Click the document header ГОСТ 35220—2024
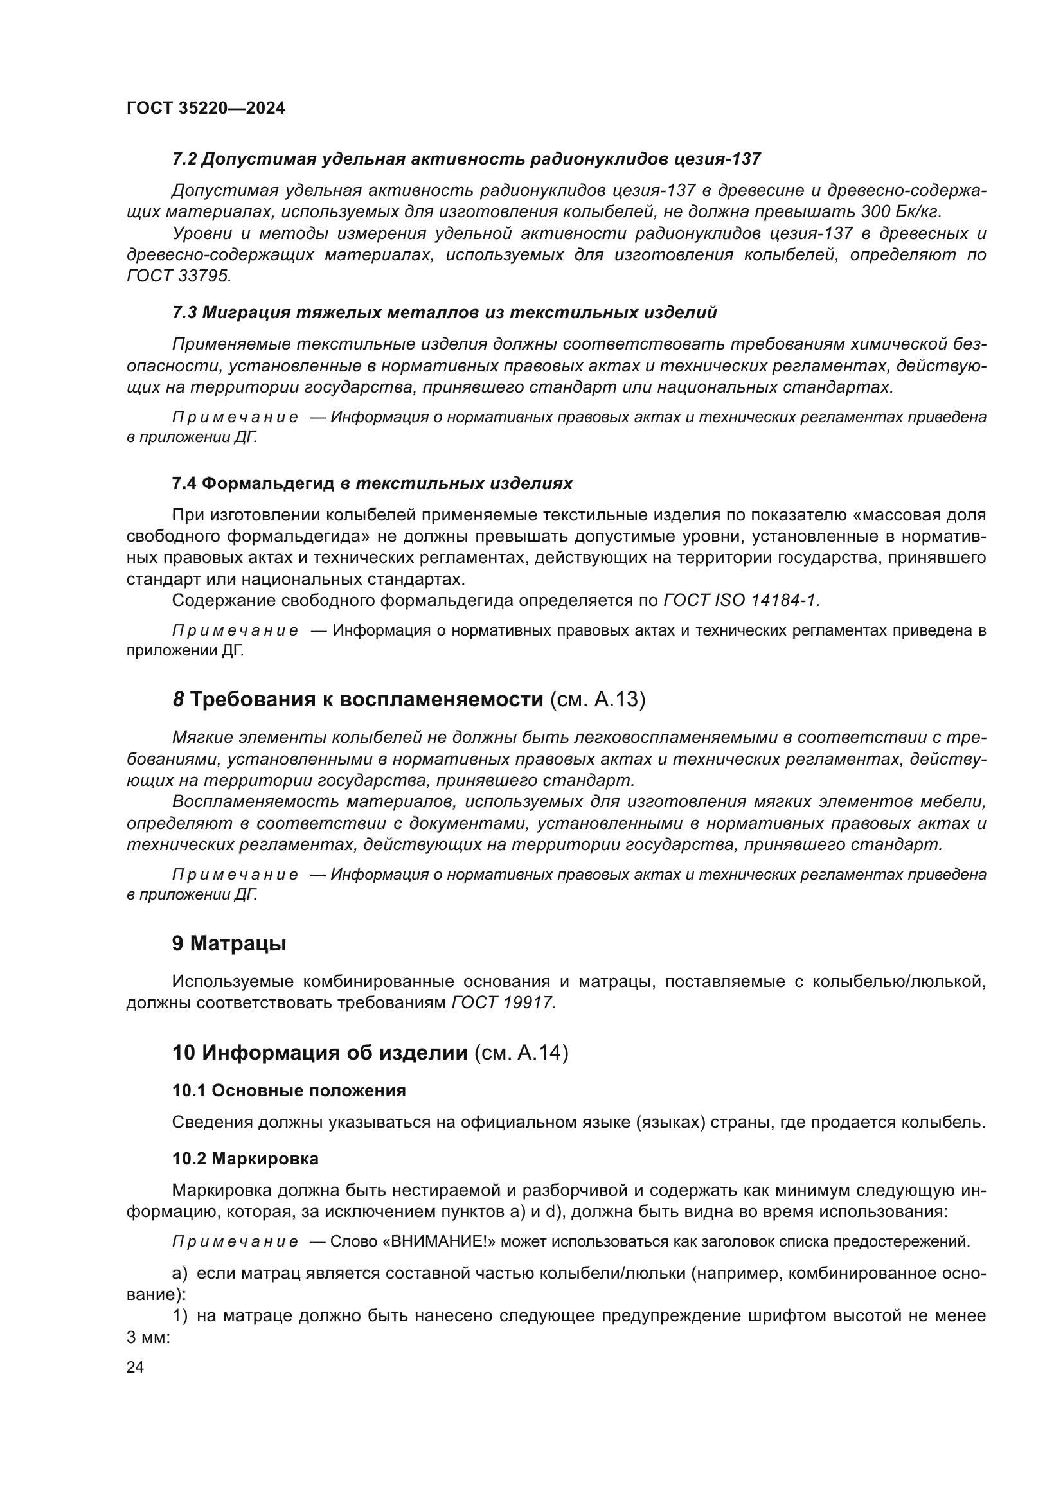point(206,109)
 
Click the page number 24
point(135,1367)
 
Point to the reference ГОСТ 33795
point(179,276)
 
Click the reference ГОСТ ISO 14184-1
point(742,600)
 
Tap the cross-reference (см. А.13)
point(598,700)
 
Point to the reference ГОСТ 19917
point(504,1003)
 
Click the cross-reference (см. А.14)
point(521,1053)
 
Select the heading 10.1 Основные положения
point(289,1090)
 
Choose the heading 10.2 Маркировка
point(245,1159)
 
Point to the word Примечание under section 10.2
point(235,1242)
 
